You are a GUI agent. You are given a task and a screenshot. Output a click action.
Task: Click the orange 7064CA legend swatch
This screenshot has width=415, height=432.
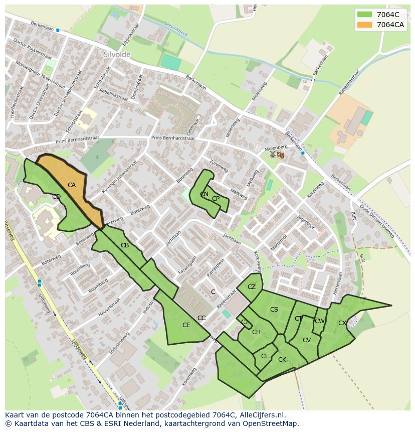365,25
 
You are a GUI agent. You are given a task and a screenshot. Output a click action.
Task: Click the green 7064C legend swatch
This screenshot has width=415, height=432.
365,15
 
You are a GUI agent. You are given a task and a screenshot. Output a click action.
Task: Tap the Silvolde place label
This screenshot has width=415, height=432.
117,54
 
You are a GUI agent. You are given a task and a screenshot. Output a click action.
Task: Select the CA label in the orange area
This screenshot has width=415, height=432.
72,185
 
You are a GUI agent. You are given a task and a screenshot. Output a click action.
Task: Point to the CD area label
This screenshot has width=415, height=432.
56,197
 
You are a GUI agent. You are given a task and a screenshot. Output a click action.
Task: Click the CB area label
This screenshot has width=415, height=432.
125,245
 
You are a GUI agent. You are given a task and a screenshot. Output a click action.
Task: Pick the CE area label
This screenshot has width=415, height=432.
186,325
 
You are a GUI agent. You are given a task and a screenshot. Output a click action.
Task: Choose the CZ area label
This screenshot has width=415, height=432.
252,287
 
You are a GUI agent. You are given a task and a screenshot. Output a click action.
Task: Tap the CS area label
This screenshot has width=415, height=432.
274,310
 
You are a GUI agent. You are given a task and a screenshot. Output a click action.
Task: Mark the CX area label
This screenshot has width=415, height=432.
342,323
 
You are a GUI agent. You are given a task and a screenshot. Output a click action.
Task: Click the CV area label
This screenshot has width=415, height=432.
307,340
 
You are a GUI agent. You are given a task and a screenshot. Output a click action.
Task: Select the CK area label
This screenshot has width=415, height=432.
282,360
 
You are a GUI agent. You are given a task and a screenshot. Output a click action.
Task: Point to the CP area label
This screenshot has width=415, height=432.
216,199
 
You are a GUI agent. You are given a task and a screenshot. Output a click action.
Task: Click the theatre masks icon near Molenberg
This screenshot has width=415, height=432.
281,155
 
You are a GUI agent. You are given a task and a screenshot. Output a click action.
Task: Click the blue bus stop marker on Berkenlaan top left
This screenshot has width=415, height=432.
58,31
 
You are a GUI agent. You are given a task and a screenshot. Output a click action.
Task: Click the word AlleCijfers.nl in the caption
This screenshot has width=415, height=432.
261,415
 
